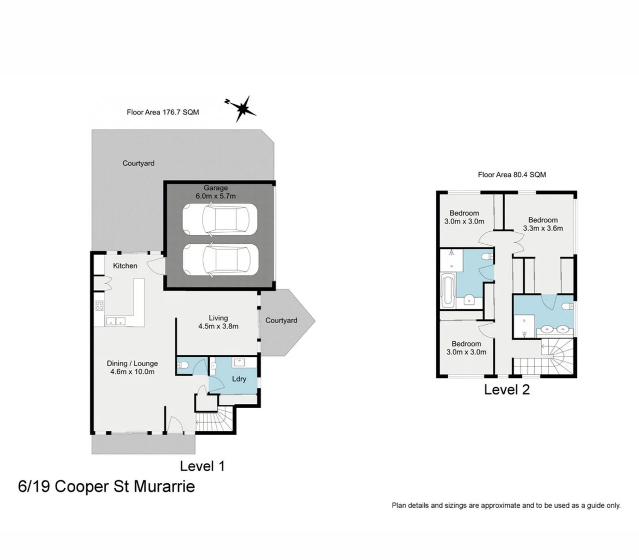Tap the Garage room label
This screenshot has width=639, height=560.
[215, 188]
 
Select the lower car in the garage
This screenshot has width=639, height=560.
[219, 259]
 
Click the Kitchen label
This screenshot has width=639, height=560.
[125, 265]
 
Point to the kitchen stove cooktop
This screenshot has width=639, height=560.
[99, 306]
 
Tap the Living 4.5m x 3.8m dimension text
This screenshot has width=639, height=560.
[218, 327]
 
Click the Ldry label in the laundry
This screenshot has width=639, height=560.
[239, 379]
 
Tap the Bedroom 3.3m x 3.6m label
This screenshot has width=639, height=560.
[543, 224]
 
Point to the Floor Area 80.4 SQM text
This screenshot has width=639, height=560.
[511, 175]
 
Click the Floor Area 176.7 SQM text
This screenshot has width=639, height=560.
[162, 112]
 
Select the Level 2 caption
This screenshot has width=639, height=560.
[507, 390]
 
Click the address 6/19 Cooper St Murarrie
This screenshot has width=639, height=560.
[106, 487]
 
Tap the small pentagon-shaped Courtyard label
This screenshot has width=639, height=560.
[281, 320]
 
